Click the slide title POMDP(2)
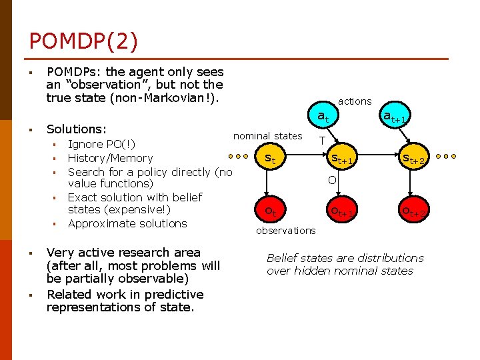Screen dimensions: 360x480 [x=83, y=41]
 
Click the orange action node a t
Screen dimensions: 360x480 [x=322, y=116]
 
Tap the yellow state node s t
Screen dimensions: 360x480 [x=270, y=159]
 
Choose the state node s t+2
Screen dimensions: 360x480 [x=413, y=159]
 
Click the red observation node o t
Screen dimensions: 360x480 [x=270, y=210]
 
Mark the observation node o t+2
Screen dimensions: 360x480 [x=413, y=211]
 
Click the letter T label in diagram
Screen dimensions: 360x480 [x=322, y=141]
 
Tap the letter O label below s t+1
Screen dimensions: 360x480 [x=331, y=180]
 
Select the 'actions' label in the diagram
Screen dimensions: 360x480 [x=355, y=101]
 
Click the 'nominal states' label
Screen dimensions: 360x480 [x=267, y=136]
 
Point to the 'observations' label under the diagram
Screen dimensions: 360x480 [x=286, y=231]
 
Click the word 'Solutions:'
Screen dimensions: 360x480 [x=77, y=127]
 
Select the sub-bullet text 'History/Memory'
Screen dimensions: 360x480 [x=110, y=158]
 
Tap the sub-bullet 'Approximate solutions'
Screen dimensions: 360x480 [x=127, y=223]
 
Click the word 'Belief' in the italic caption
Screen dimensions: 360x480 [x=281, y=258]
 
